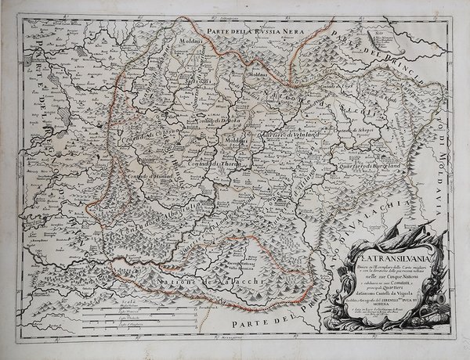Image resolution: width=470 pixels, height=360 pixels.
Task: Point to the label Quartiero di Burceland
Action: pyautogui.click(x=367, y=165)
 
